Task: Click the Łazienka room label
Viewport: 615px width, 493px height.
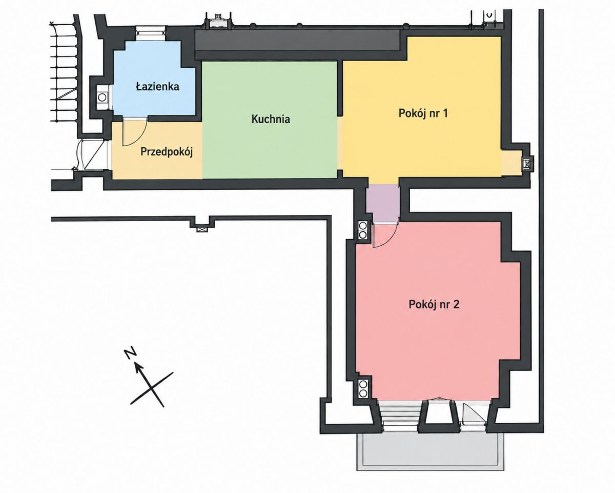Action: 157,86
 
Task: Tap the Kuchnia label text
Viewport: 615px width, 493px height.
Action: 271,119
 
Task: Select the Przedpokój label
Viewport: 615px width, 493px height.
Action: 167,152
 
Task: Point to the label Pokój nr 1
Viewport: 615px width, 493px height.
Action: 423,113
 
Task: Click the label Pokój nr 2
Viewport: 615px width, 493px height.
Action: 434,304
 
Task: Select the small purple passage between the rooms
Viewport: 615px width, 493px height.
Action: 383,203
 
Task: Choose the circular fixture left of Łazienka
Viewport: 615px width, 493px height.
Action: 102,97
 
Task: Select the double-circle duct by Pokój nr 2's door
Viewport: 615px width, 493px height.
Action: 363,230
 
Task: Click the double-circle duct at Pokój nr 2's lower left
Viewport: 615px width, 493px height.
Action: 363,389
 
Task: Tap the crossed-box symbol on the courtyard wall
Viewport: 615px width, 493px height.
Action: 202,229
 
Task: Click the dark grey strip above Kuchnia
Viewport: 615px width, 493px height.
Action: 297,44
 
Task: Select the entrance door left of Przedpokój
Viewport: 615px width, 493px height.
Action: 91,154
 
